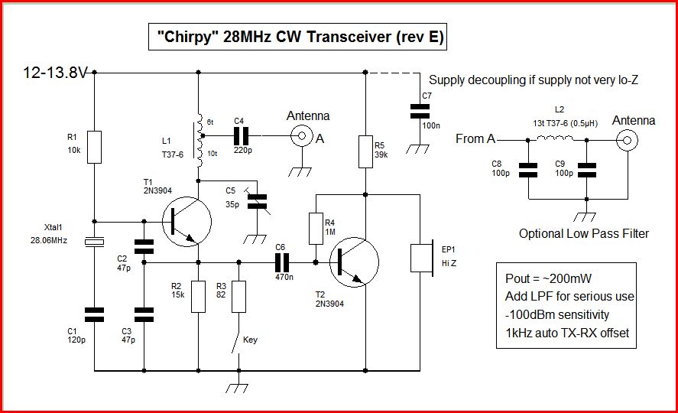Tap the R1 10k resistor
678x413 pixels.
(x=93, y=147)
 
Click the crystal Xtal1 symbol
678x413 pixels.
(x=93, y=242)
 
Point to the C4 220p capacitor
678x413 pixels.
(x=242, y=137)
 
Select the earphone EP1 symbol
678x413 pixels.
(x=420, y=258)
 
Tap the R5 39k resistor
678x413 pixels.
(x=366, y=151)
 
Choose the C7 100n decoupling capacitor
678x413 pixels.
(x=416, y=111)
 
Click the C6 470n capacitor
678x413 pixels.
(x=280, y=262)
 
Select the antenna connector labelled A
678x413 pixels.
(x=303, y=137)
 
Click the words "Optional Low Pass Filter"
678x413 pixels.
(x=583, y=233)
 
